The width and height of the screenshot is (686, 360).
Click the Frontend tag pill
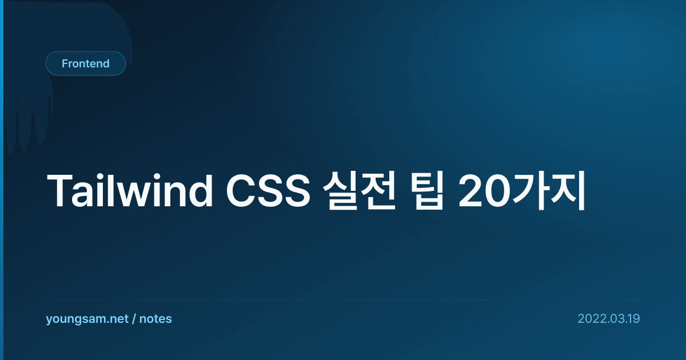(86, 63)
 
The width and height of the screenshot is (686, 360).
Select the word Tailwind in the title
(130, 191)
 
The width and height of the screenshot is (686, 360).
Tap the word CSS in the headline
(268, 191)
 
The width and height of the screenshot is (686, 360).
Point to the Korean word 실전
(359, 190)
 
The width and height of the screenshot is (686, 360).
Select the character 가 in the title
(531, 190)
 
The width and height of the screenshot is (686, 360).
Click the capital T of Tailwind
(59, 191)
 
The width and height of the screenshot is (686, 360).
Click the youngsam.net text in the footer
(87, 319)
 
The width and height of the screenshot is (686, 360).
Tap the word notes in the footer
(155, 319)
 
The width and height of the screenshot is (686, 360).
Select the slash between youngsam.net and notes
(134, 319)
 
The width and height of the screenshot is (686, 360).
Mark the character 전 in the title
(378, 190)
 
